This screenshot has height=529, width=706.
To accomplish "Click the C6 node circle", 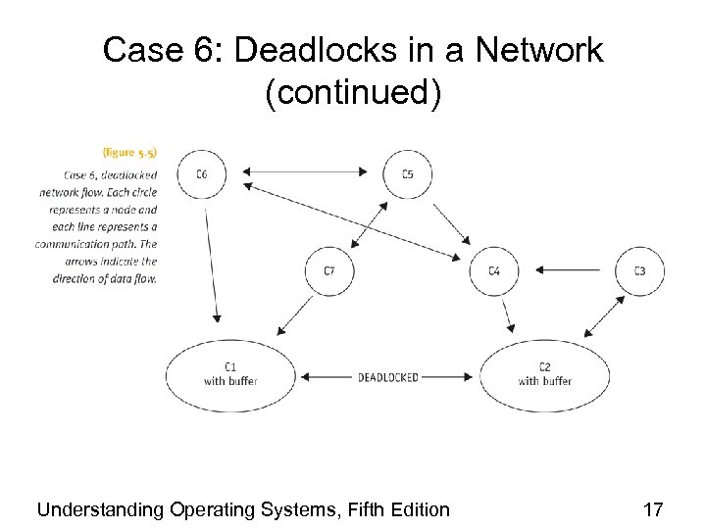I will click(x=202, y=174).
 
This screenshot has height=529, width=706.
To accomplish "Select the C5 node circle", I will click(x=407, y=174).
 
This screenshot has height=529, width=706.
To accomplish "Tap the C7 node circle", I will click(x=328, y=270).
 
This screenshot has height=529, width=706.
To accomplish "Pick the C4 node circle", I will click(x=494, y=270).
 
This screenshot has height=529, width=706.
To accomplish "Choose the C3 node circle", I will click(x=639, y=270).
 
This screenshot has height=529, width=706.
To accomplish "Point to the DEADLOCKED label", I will click(x=387, y=377).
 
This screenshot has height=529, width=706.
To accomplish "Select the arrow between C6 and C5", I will click(x=304, y=172).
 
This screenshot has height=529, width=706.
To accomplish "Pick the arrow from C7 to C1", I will click(x=294, y=315).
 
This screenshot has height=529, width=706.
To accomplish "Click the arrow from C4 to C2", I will click(x=507, y=314).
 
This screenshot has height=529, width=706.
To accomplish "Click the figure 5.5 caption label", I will click(x=129, y=152).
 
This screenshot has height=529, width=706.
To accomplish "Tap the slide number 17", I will click(x=652, y=509).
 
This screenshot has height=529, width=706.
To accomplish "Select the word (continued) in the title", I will click(x=353, y=93).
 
